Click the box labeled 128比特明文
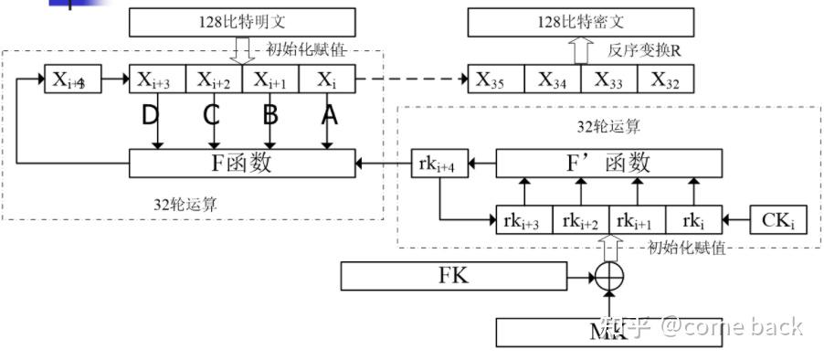point(242,21)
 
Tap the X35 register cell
point(496,79)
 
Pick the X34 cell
point(553,79)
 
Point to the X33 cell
point(609,79)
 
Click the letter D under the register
point(152,115)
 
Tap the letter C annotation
point(211,115)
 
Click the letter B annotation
point(270,115)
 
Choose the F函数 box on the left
point(242,164)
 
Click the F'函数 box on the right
point(608,164)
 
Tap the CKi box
point(778,219)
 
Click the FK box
point(453,275)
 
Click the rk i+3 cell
point(524,219)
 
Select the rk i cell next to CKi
point(693,219)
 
